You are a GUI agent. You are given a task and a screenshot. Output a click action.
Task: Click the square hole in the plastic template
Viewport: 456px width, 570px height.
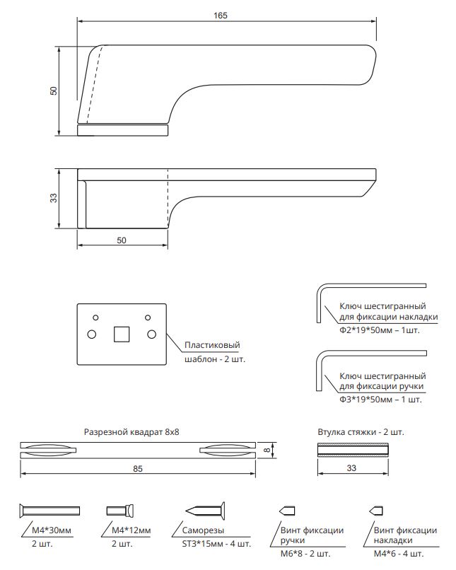click(121, 332)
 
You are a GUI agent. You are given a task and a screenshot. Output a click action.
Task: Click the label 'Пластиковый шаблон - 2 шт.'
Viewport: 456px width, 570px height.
click(212, 351)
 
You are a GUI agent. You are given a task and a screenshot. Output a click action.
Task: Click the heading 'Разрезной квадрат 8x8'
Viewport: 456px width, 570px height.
click(132, 431)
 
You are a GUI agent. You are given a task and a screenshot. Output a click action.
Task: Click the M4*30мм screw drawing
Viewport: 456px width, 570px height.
click(49, 510)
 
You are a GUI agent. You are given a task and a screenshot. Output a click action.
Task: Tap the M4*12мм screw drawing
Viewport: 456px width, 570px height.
click(120, 510)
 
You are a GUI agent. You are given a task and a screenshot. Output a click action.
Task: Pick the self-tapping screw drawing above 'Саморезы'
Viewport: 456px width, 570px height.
click(206, 509)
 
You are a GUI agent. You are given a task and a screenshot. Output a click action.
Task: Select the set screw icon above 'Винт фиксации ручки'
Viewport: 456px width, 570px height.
click(287, 510)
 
